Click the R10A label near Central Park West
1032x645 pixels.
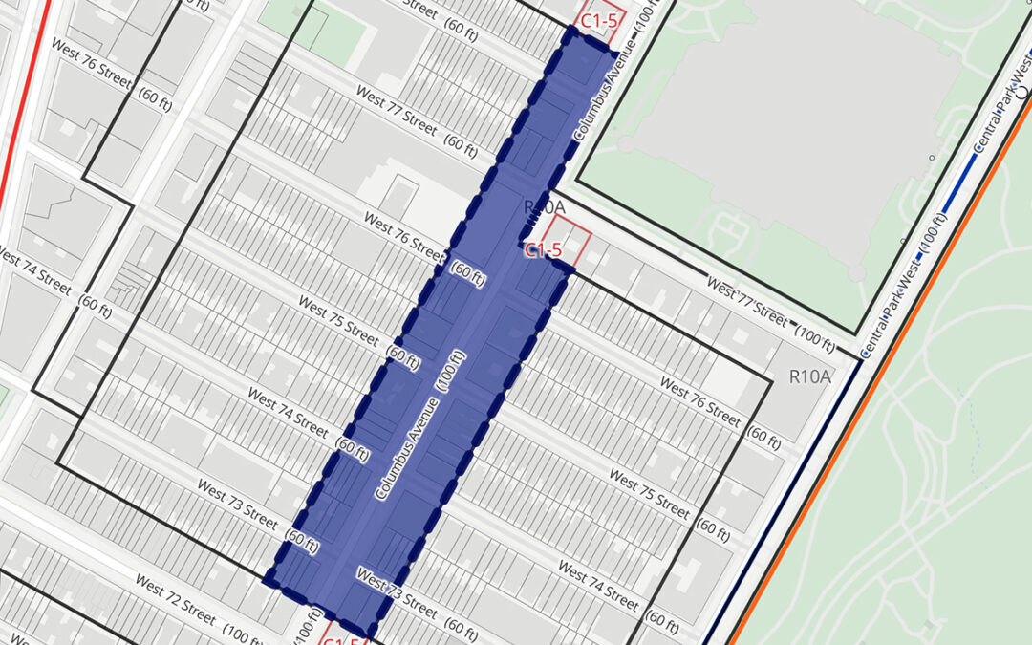[x=810, y=376]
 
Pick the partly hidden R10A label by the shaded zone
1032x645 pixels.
[x=545, y=206]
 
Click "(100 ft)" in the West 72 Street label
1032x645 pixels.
[x=248, y=634]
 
